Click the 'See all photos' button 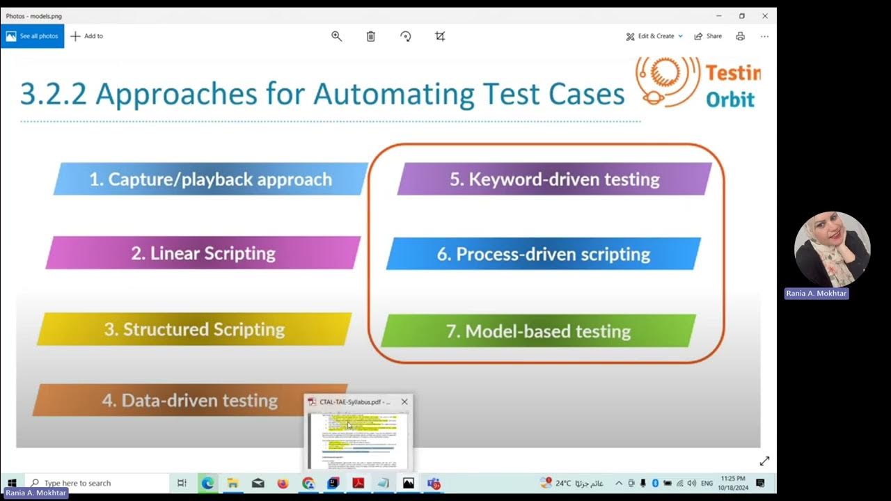click(32, 36)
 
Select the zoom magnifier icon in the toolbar click(337, 36)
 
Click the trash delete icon click(371, 36)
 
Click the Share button click(708, 36)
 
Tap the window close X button click(764, 16)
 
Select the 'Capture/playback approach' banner click(210, 180)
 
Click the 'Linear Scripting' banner click(203, 253)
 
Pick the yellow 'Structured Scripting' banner click(195, 329)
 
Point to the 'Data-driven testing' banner click(189, 401)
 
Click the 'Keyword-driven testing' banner click(554, 180)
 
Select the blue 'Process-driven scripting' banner click(543, 254)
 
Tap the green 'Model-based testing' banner click(538, 331)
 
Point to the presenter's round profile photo click(832, 249)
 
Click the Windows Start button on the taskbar click(12, 483)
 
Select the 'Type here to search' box click(97, 483)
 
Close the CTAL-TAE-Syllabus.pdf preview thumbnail click(404, 402)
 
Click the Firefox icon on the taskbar click(283, 483)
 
